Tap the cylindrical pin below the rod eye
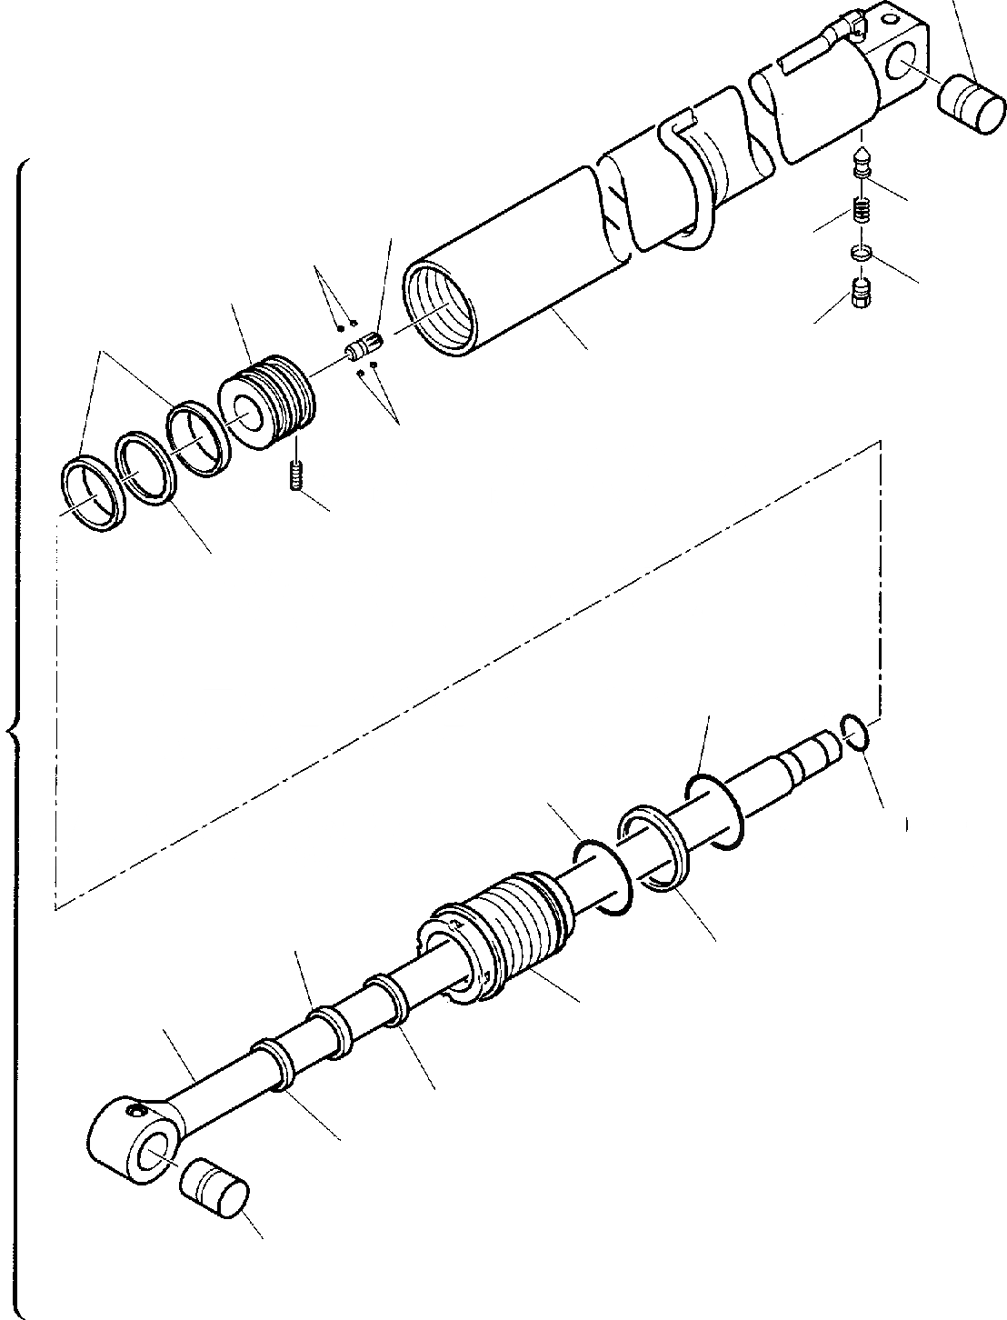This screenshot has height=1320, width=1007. point(214,1191)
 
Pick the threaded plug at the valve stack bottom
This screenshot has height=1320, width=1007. point(861,293)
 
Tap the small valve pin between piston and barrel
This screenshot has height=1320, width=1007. point(366,347)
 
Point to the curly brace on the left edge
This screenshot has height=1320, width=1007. point(13,727)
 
